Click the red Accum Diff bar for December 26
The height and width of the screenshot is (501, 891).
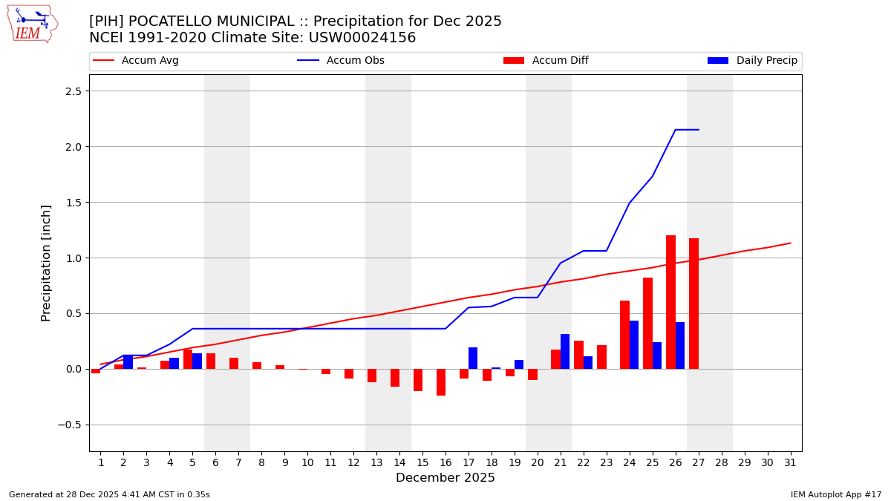(x=670, y=302)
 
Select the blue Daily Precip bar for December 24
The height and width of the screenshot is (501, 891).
(x=634, y=345)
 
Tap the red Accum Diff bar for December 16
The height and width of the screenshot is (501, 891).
(x=441, y=382)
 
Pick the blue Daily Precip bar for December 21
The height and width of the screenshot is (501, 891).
(x=565, y=352)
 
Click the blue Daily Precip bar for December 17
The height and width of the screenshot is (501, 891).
(x=473, y=358)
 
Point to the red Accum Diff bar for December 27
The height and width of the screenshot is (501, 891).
(x=693, y=304)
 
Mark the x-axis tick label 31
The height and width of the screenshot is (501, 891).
(x=790, y=462)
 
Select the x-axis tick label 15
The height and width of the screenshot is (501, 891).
(x=422, y=462)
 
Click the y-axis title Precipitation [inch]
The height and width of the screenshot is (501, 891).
(x=46, y=263)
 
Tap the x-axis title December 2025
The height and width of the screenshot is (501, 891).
(x=446, y=478)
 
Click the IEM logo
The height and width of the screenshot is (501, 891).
(x=32, y=24)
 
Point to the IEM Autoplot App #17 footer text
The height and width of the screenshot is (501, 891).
(x=836, y=494)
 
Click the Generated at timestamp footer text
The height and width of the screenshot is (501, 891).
(x=109, y=494)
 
